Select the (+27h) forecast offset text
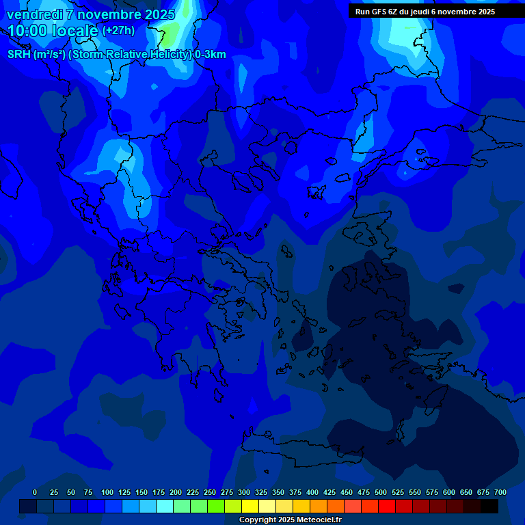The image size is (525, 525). pyautogui.click(x=118, y=31)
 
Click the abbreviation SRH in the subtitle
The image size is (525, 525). pyautogui.click(x=19, y=55)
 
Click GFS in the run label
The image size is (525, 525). pyautogui.click(x=378, y=12)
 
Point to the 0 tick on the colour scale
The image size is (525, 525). pyautogui.click(x=35, y=492)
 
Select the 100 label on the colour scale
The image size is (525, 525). pyautogui.click(x=107, y=492)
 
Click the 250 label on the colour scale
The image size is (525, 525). pyautogui.click(x=210, y=492)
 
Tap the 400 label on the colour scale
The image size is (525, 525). pyautogui.click(x=312, y=492)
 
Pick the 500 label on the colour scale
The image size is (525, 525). pyautogui.click(x=381, y=492)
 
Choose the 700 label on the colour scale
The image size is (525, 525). pyautogui.click(x=500, y=492)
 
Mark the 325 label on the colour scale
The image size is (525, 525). pyautogui.click(x=261, y=492)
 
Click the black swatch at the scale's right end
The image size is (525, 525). pyautogui.click(x=489, y=506)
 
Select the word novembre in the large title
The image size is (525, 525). pyautogui.click(x=105, y=14)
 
